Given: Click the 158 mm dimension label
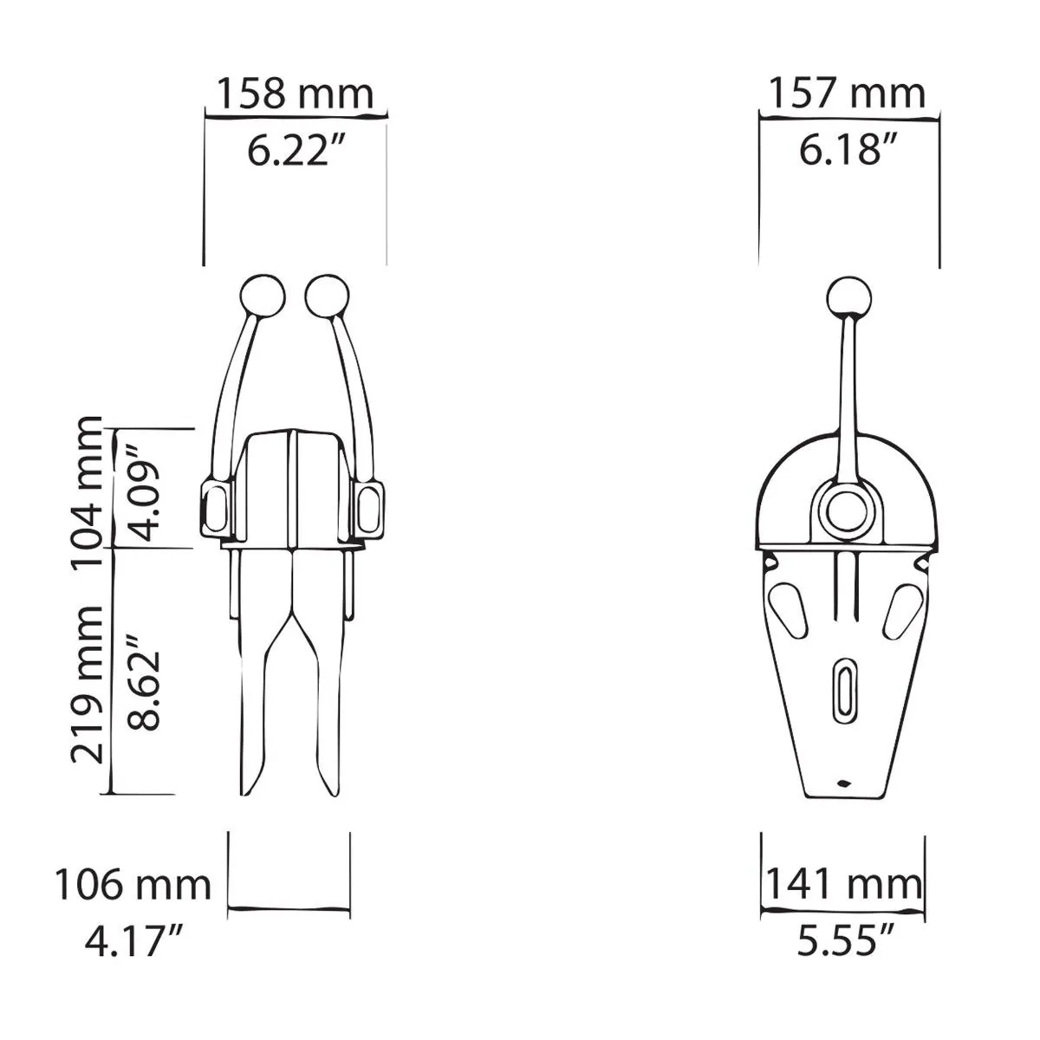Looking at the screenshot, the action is [x=295, y=94].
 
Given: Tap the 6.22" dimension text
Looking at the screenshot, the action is [x=295, y=150].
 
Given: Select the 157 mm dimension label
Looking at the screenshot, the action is [x=847, y=94].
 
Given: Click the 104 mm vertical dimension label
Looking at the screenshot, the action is [x=87, y=491].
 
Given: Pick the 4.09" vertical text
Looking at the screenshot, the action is [x=144, y=493].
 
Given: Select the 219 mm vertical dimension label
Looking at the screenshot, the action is [x=87, y=685].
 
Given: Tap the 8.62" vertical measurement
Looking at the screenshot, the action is [x=144, y=683].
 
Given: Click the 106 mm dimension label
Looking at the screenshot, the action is [x=133, y=886].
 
